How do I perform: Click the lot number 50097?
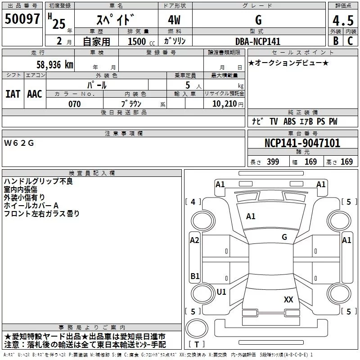point(22,19)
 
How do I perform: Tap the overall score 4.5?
point(342,21)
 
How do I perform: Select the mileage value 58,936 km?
point(50,64)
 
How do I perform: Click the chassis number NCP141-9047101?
point(302,144)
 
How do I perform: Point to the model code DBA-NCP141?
point(258,41)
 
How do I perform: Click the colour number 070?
point(74,104)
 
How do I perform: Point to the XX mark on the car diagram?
point(288,299)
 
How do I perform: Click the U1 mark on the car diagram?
point(221,292)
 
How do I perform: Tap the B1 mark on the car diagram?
point(195,276)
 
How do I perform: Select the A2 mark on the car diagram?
point(194,240)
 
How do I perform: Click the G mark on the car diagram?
point(284,237)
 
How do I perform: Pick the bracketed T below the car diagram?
point(197,344)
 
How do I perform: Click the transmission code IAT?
point(13,94)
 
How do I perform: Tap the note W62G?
point(19,143)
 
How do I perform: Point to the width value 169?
point(310,162)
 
